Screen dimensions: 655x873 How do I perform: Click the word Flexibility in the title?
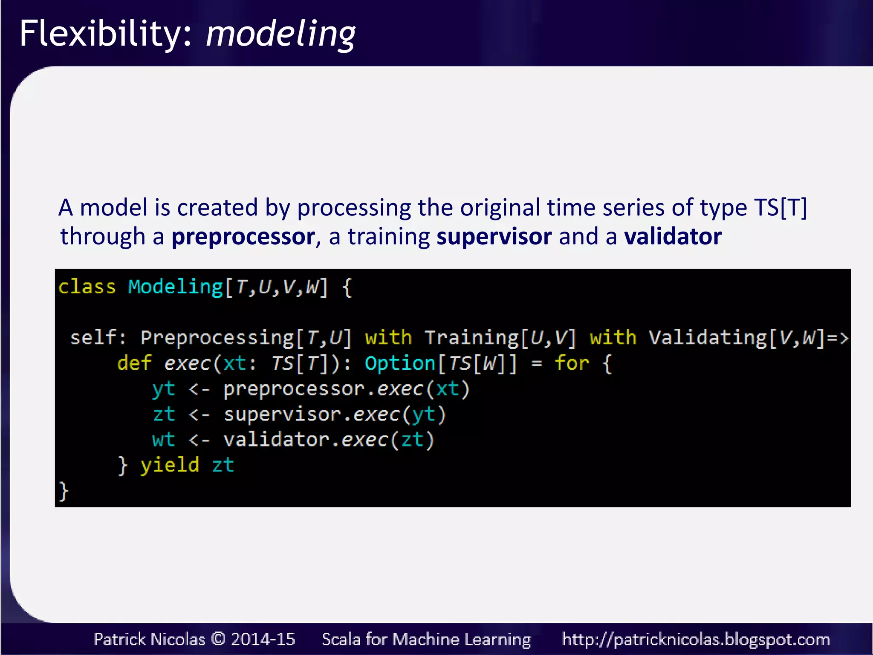[x=101, y=34]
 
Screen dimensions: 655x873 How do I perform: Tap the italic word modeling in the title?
[x=280, y=34]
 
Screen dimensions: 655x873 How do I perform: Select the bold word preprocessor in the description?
[x=243, y=237]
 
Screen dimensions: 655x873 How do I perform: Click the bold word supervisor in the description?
[x=494, y=237]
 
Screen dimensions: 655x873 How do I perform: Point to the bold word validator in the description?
[x=673, y=237]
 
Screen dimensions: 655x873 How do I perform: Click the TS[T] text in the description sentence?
[x=780, y=208]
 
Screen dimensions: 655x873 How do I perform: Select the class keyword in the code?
[x=87, y=287]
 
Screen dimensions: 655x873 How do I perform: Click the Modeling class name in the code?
[x=175, y=287]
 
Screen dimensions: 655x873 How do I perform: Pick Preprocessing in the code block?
[x=217, y=338]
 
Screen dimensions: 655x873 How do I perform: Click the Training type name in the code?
[x=471, y=338]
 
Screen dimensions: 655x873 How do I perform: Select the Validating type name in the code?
[x=708, y=338]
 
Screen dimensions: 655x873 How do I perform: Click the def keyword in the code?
[x=134, y=363]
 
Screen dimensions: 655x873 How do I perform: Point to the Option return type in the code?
[x=400, y=363]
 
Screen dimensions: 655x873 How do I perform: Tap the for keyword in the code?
[x=572, y=363]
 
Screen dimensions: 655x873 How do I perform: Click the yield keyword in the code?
[x=170, y=465]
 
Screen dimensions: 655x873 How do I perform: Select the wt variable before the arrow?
[x=164, y=440]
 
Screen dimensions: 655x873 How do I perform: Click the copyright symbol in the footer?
[x=218, y=639]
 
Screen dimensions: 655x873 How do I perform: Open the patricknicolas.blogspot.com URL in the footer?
[x=696, y=639]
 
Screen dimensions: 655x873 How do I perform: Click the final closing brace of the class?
[x=64, y=491]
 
